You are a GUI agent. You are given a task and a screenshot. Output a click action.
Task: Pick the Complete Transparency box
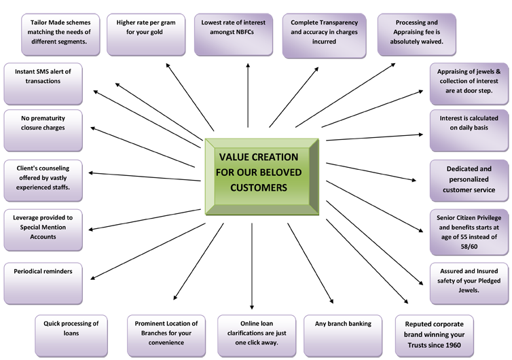[x=324, y=32]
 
